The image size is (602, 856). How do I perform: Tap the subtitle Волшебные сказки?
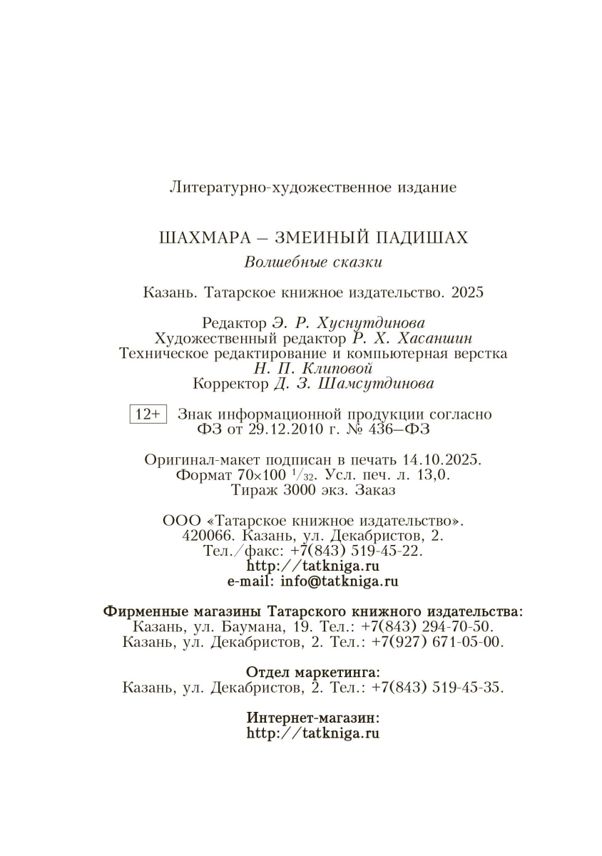tap(313, 262)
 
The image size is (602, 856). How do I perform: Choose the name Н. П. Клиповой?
tap(312, 368)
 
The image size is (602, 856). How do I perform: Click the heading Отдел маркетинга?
tap(313, 673)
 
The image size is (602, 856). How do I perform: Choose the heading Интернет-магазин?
tap(313, 718)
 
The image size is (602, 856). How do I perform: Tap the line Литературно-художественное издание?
tap(313, 188)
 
